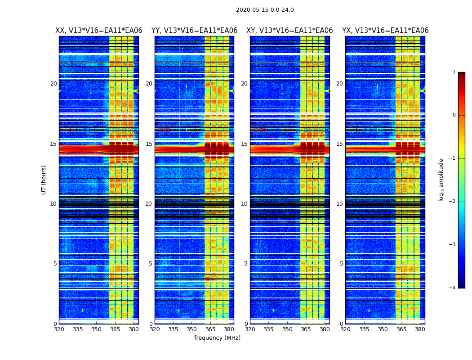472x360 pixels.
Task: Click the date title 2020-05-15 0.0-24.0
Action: (x=265, y=10)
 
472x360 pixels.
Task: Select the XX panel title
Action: (x=99, y=31)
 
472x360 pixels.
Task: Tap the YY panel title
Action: (x=194, y=31)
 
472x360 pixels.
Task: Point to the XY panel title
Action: (x=289, y=31)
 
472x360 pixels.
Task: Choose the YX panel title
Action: (x=385, y=31)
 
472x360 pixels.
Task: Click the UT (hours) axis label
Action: (x=44, y=180)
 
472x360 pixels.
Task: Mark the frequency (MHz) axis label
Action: (x=217, y=338)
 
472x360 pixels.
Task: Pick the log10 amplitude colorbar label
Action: (x=441, y=180)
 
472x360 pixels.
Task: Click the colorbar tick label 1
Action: (x=454, y=72)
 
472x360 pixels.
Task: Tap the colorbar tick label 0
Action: (x=454, y=115)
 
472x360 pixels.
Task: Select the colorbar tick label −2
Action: (x=453, y=202)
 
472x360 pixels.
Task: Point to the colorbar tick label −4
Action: (x=453, y=288)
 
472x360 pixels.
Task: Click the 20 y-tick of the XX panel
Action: (x=53, y=84)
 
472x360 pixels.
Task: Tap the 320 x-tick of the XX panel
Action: (x=59, y=329)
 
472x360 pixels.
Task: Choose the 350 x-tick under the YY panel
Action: (x=192, y=329)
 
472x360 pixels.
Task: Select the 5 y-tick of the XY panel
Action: (x=246, y=264)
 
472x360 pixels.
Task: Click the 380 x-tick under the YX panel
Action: (x=420, y=329)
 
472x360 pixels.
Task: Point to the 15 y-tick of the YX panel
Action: (x=339, y=144)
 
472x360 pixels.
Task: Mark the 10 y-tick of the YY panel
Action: (x=149, y=204)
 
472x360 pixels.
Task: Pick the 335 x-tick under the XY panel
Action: (x=269, y=329)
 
